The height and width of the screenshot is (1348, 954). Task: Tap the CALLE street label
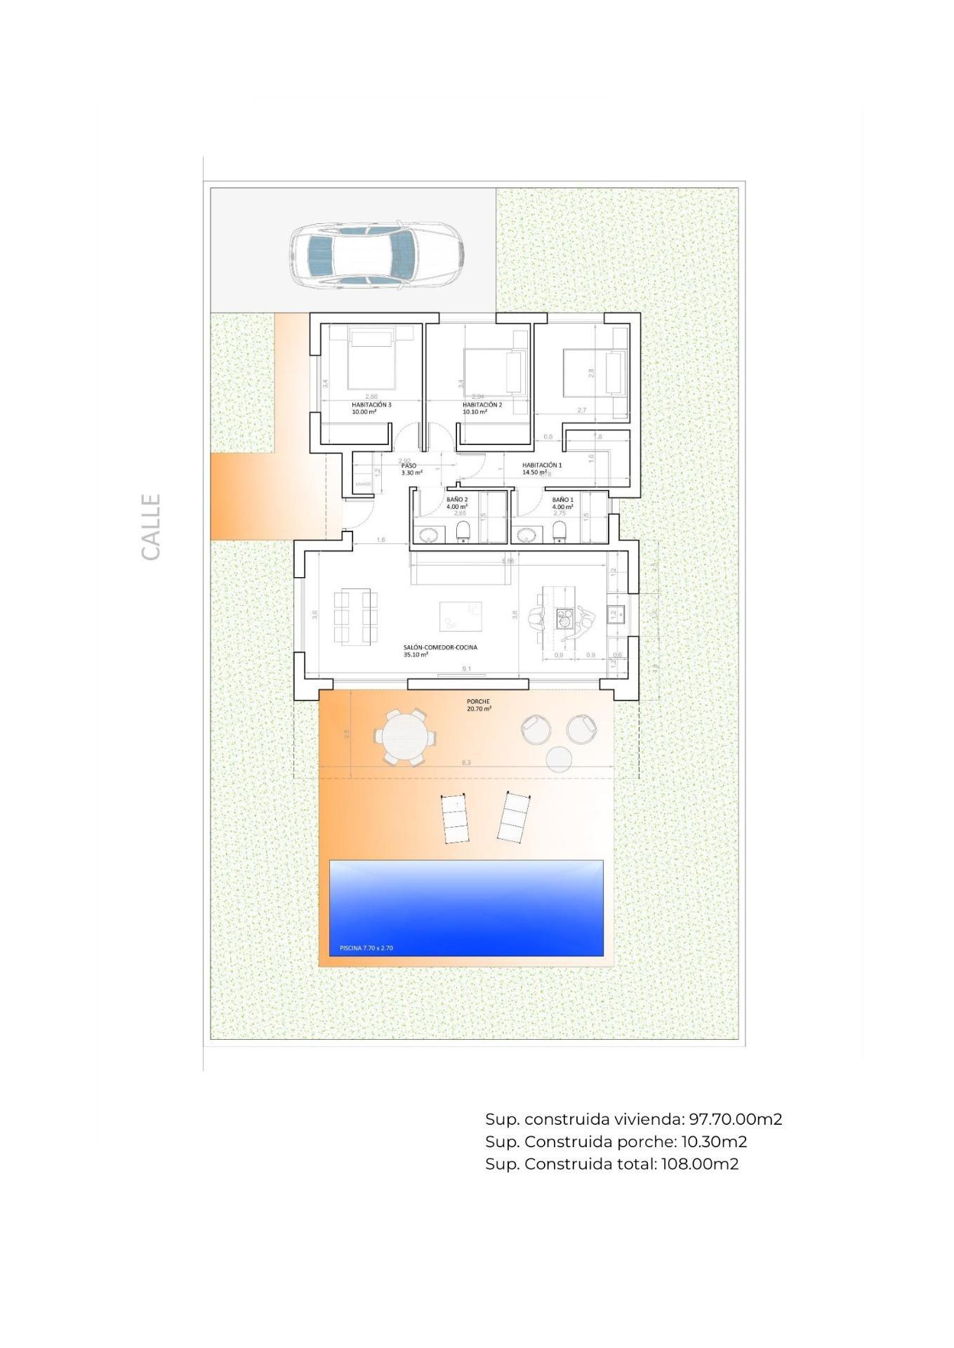click(151, 527)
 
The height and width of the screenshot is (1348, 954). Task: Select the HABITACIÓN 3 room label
click(371, 408)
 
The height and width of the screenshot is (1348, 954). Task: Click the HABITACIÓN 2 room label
click(482, 408)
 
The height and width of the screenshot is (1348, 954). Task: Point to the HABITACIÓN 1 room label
click(541, 468)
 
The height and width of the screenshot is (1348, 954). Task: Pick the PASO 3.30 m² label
click(411, 469)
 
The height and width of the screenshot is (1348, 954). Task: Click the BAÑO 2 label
click(457, 503)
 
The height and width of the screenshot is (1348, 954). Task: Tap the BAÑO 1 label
click(562, 503)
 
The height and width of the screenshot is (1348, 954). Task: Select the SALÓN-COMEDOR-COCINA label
click(440, 651)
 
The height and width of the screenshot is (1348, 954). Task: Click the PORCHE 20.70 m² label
click(479, 705)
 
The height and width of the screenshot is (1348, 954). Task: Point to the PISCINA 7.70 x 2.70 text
click(366, 948)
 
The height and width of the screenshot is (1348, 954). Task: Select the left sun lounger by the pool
click(455, 819)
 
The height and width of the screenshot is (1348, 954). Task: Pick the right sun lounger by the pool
click(513, 817)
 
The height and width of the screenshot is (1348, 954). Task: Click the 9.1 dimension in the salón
click(467, 668)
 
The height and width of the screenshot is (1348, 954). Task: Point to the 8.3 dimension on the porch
click(466, 762)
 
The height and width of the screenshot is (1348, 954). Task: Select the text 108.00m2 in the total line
click(699, 1164)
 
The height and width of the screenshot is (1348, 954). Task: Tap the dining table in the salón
click(356, 618)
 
